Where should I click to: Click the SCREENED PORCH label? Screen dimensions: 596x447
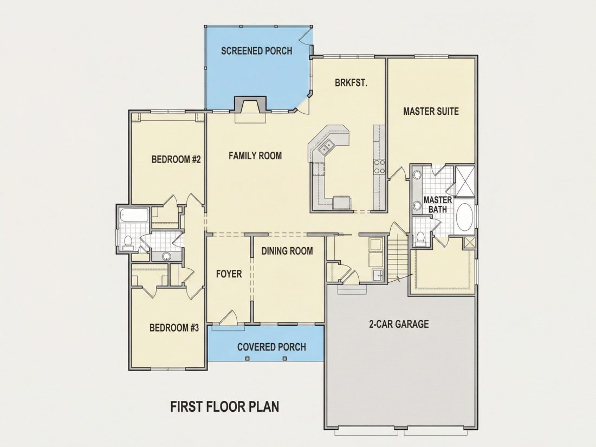257,50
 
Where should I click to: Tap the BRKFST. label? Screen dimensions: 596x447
351,82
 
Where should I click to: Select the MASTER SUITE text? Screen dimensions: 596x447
431,111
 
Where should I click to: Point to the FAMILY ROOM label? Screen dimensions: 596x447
255,156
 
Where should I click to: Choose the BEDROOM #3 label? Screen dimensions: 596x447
174,327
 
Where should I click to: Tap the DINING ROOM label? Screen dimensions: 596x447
287,250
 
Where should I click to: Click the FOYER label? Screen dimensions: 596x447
229,274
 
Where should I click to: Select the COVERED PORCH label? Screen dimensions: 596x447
271,347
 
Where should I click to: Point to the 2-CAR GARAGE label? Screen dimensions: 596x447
399,324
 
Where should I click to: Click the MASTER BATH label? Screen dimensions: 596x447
437,204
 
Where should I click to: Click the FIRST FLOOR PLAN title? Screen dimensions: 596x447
225,406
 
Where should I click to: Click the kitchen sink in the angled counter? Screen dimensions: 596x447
326,147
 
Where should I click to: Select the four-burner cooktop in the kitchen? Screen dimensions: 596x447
379,166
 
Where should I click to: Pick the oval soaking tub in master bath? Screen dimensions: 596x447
464,217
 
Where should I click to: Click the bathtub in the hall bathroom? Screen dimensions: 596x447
133,215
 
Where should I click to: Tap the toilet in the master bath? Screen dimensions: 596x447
420,237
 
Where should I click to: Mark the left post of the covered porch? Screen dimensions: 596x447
248,358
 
